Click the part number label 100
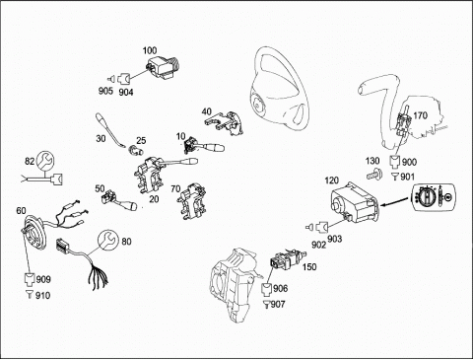click(x=150, y=50)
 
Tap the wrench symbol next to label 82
click(x=45, y=161)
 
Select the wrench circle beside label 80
click(x=108, y=240)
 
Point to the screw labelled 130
click(x=374, y=174)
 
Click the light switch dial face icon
click(x=433, y=197)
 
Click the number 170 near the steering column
click(x=421, y=115)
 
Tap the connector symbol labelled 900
click(x=395, y=162)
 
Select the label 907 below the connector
click(x=278, y=304)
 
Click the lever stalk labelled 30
click(x=110, y=130)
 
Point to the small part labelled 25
click(x=135, y=151)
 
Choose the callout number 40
click(x=207, y=111)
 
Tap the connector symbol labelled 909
click(x=31, y=279)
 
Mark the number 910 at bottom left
click(x=42, y=295)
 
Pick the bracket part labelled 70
click(x=191, y=202)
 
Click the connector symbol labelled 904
click(x=124, y=78)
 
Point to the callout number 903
click(x=334, y=239)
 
